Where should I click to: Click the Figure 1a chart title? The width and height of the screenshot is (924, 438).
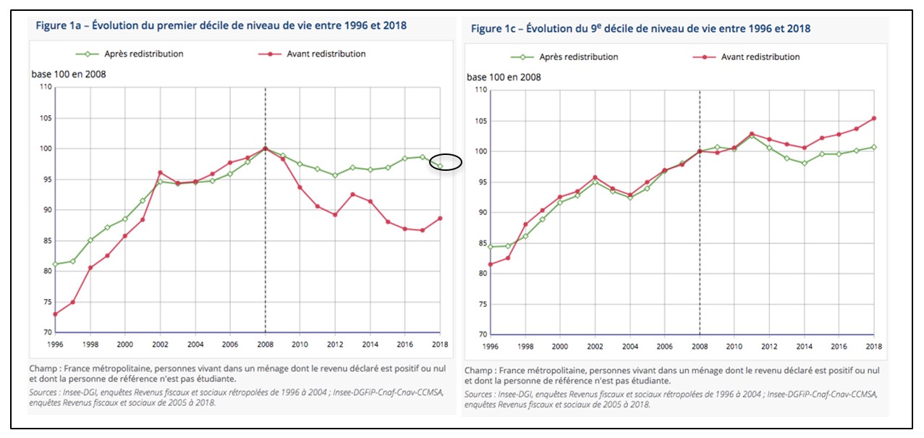coord(221,26)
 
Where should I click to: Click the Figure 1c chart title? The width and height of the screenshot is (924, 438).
coord(640,29)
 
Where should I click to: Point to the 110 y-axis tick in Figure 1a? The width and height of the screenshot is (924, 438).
coord(46,88)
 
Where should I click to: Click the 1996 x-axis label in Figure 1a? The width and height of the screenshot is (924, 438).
coord(56,344)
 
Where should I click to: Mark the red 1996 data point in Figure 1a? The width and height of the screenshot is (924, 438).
coord(56,314)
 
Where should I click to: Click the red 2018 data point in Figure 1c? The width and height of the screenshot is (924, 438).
coord(874,118)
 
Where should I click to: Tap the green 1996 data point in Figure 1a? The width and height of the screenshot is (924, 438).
coord(56,264)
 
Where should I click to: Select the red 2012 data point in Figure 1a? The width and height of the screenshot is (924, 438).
coord(334,214)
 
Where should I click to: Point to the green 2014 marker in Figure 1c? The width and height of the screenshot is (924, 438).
coord(803,163)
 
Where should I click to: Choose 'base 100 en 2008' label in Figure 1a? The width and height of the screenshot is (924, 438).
coord(69,74)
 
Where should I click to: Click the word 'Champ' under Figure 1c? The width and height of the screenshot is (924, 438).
coord(479,370)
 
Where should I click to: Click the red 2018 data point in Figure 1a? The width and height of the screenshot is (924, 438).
coord(439,219)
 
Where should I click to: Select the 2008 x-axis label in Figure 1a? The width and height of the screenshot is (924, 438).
coord(265,344)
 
